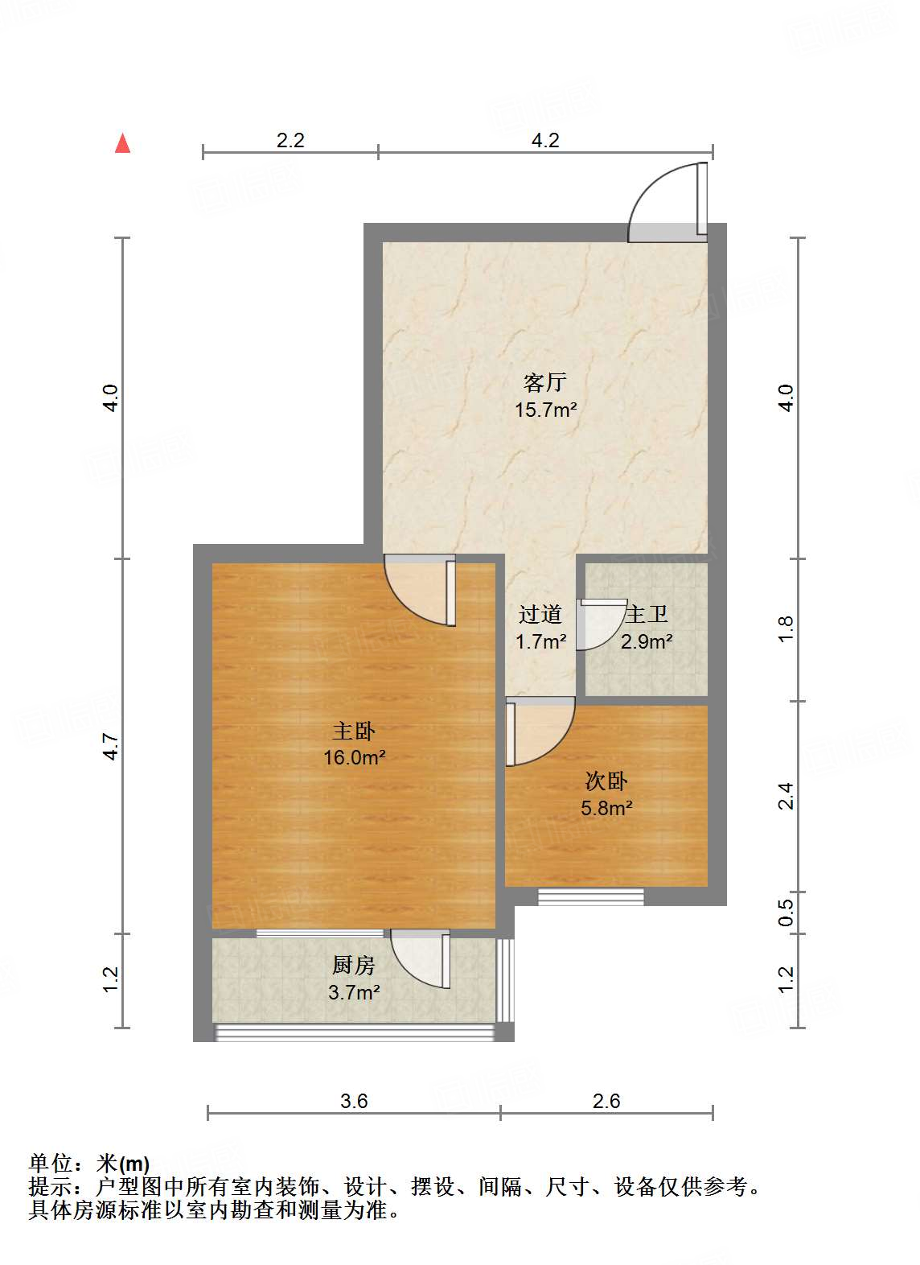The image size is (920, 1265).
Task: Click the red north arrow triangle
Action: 122,143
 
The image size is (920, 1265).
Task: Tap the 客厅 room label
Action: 545,381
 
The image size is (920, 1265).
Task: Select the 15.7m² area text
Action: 545,410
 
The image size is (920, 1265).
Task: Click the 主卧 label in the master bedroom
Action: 354,731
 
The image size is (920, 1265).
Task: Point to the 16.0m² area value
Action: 354,757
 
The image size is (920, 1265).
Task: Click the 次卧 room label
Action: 606,781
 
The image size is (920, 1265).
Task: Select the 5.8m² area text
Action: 606,808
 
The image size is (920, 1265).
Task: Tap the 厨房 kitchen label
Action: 354,965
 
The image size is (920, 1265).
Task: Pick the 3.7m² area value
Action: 354,992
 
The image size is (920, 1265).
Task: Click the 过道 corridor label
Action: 540,615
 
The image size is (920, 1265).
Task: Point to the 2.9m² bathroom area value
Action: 647,641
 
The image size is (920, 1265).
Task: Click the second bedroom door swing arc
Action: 540,733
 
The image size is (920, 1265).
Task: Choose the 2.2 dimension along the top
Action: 290,140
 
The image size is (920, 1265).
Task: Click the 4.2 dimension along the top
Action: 545,140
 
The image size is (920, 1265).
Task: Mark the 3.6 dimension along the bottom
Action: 354,1101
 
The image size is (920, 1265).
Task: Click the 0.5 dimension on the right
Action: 786,913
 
